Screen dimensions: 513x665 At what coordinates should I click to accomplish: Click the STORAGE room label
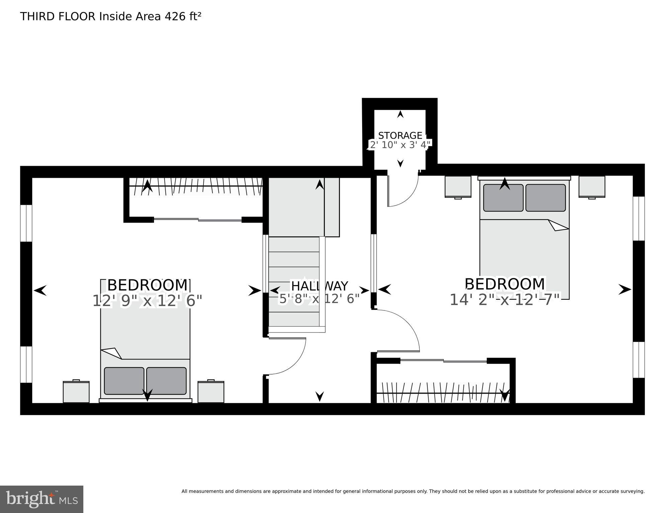400,135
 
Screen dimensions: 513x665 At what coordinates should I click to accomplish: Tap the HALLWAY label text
319,286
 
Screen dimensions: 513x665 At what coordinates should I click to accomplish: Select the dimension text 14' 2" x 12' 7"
504,299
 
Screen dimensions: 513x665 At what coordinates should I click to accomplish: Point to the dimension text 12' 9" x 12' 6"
147,300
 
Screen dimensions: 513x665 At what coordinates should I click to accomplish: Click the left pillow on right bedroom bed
503,198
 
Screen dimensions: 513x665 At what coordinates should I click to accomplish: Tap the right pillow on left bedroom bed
166,381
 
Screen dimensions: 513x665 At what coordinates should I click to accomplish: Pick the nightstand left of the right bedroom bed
458,186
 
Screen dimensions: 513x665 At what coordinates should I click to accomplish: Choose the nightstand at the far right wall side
592,186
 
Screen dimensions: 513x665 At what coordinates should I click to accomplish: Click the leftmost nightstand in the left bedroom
76,392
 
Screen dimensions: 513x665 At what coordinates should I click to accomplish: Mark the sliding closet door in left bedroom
197,220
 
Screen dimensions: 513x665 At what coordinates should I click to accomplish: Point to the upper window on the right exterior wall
639,219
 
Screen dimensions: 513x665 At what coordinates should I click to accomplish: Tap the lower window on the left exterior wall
26,364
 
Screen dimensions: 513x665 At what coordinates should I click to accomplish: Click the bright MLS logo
41,499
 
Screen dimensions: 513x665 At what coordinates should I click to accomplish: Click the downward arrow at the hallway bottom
320,396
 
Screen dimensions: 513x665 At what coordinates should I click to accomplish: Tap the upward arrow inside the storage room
400,114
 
